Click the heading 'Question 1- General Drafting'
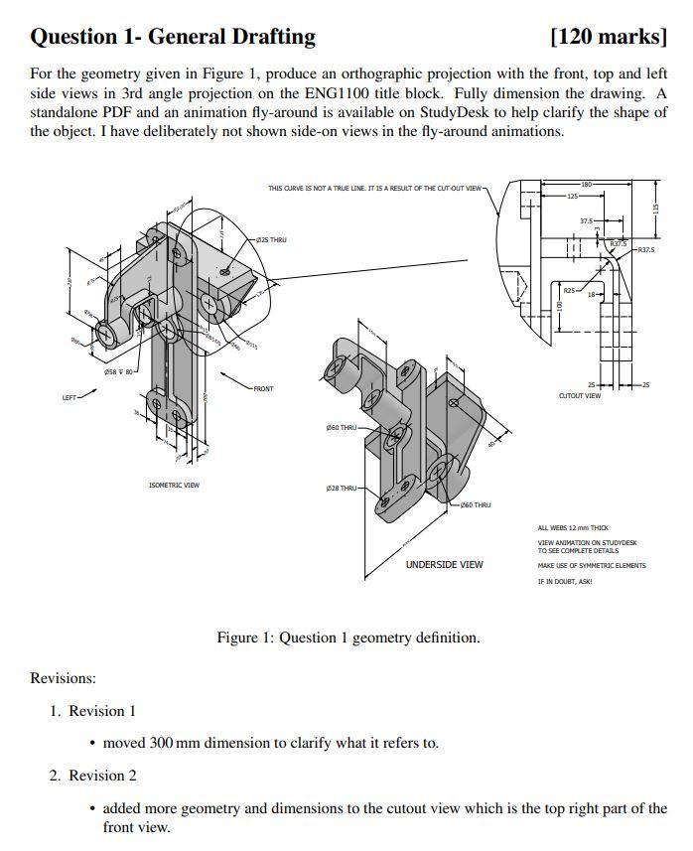tap(173, 38)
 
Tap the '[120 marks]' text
tap(608, 38)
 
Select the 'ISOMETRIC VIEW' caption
tap(174, 486)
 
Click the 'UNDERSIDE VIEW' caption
tap(444, 564)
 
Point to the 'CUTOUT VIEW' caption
tap(579, 395)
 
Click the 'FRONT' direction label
tap(263, 388)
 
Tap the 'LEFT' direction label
tap(69, 398)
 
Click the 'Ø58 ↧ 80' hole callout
tap(119, 372)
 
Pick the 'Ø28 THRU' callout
tap(341, 489)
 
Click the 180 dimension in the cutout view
tap(586, 186)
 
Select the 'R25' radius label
tap(569, 290)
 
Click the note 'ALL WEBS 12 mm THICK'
tap(573, 528)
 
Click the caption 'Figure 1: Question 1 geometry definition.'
tap(347, 638)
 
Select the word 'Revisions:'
tap(63, 678)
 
